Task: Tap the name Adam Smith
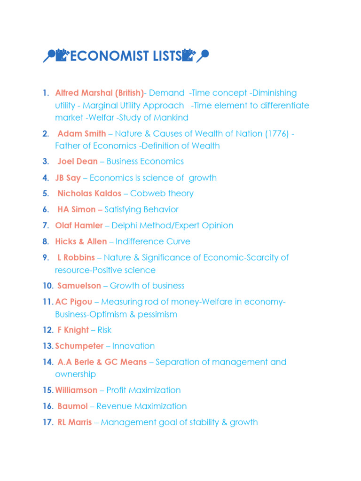[x=82, y=134]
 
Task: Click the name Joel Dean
[x=78, y=162]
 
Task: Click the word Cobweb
[x=145, y=194]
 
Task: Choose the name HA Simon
[x=76, y=209]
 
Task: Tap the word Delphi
[x=125, y=225]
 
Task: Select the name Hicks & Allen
[x=81, y=241]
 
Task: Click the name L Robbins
[x=76, y=257]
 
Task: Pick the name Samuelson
[x=79, y=286]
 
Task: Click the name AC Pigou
[x=74, y=302]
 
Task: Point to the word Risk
[x=104, y=330]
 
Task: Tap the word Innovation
[x=133, y=346]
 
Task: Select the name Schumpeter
[x=79, y=346]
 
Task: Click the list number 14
[x=47, y=362]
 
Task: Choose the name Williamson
[x=76, y=390]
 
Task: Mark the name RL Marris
[x=75, y=422]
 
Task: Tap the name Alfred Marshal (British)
[x=99, y=93]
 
